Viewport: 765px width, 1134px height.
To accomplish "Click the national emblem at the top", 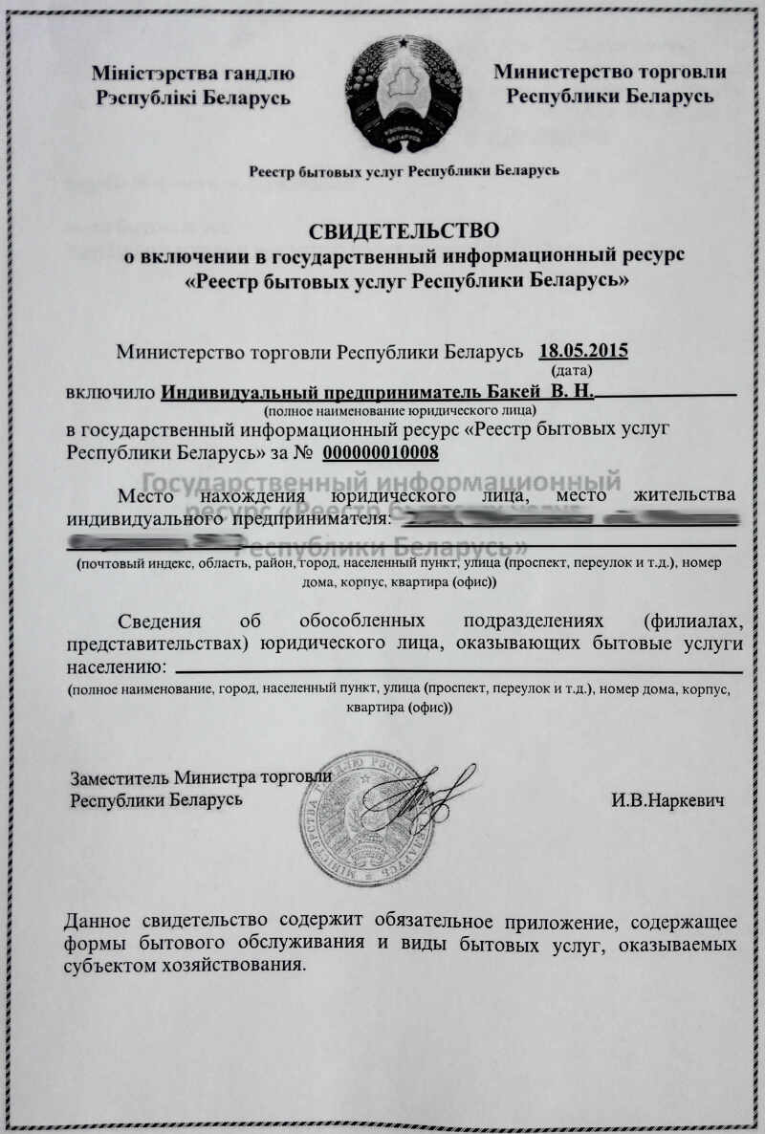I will [x=403, y=94].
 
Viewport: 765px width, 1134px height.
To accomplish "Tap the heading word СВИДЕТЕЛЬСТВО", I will [x=404, y=231].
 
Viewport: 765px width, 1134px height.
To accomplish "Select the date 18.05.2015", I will [x=583, y=350].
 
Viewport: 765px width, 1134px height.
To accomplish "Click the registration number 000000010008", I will [x=381, y=453].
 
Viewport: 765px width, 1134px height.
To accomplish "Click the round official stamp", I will [x=368, y=818].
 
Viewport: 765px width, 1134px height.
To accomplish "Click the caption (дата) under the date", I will [x=572, y=369].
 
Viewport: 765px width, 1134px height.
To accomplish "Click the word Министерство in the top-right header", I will [x=556, y=72].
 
